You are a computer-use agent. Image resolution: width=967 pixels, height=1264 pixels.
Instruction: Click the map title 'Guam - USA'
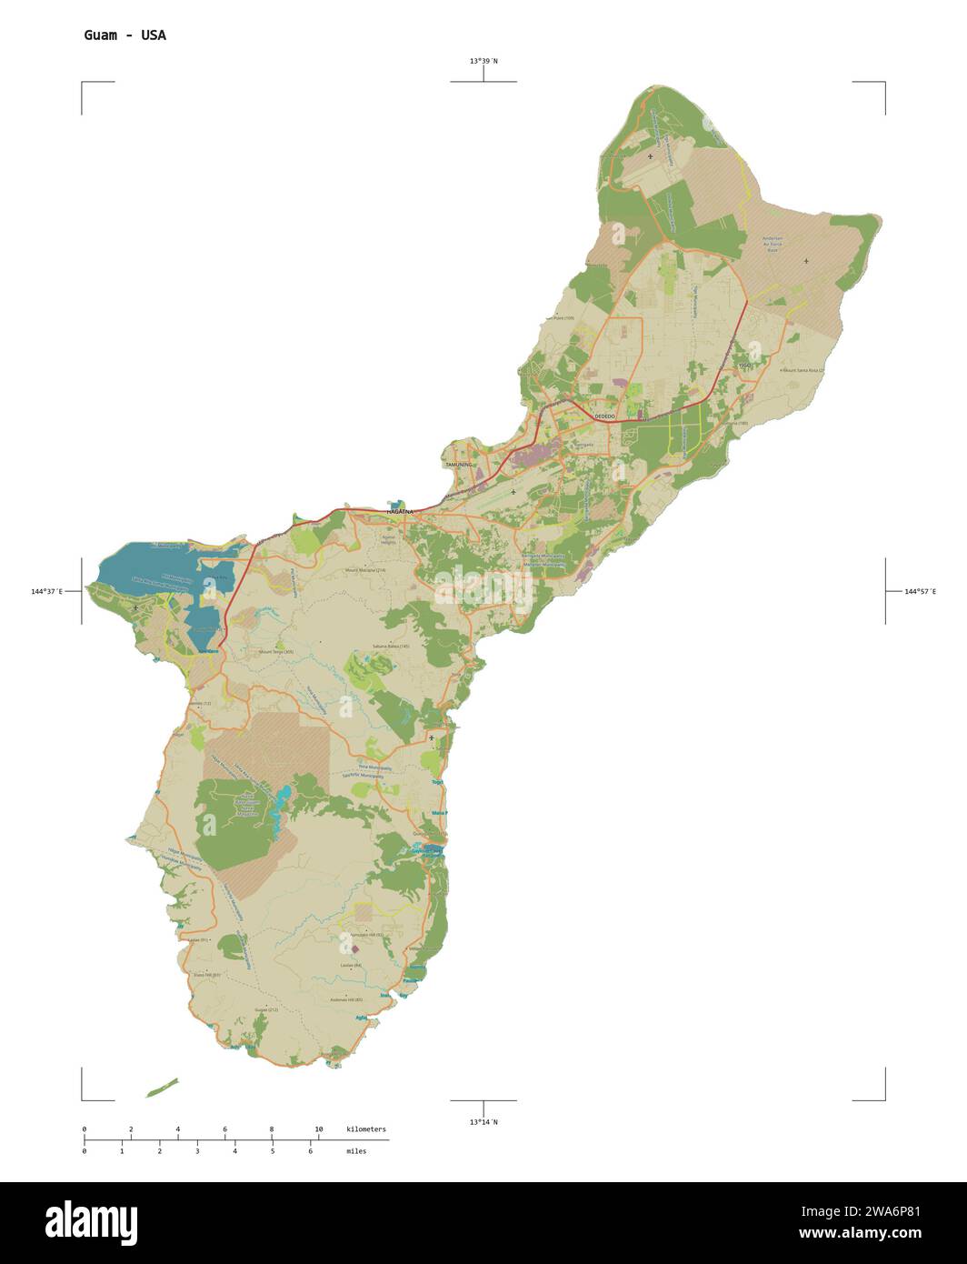point(125,35)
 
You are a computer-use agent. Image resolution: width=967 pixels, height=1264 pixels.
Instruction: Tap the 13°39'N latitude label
point(483,61)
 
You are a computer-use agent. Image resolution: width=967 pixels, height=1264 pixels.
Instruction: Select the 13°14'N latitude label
point(483,1122)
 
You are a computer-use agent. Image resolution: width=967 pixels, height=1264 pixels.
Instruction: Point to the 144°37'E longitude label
point(46,592)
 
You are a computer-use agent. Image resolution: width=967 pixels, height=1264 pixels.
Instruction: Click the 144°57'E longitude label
point(920,592)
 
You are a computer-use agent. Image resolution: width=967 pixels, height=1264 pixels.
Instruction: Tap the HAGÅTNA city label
point(400,512)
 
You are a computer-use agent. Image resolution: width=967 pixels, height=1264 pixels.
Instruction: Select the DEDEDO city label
point(604,416)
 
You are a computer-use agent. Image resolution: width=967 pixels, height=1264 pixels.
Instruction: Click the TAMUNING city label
point(459,465)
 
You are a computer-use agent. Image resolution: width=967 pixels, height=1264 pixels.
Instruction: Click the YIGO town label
point(745,366)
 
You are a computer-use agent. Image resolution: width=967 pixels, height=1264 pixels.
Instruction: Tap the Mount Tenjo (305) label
point(276,652)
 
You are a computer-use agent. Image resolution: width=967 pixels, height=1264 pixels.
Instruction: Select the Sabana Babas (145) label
point(392,647)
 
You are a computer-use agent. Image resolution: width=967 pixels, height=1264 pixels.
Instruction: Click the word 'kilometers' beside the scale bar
point(366,1129)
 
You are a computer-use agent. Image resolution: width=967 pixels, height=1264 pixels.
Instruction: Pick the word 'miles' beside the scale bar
point(356,1151)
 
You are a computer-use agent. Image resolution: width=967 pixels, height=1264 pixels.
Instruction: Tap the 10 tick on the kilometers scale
point(318,1129)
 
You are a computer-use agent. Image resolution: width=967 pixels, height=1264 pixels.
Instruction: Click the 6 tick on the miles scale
point(310,1151)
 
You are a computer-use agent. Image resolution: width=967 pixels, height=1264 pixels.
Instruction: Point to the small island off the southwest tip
point(163,1088)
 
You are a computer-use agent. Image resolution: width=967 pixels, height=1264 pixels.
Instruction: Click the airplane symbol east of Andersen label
point(806,261)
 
